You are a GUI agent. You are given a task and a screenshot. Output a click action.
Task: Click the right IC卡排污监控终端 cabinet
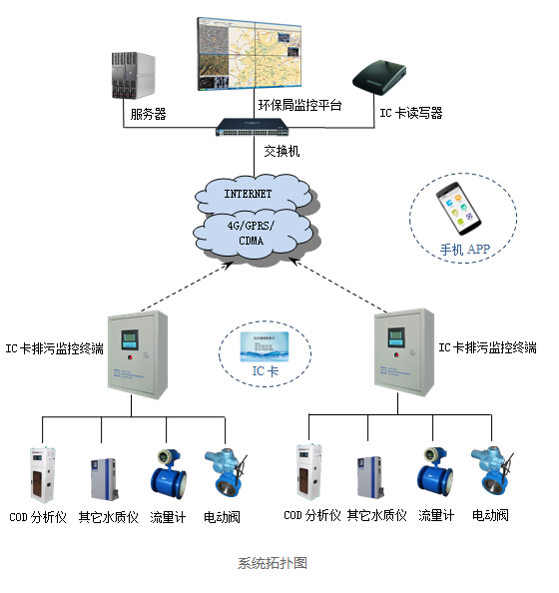click(x=405, y=350)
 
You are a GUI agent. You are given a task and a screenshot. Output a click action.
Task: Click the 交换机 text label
click(x=281, y=152)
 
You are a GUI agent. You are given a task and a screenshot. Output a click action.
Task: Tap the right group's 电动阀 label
click(x=490, y=516)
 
